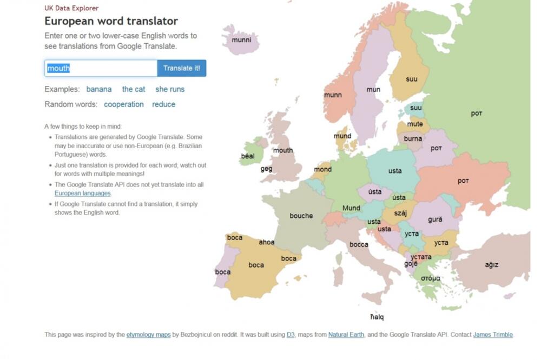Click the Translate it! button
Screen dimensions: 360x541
181,68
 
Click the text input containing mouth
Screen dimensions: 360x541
101,68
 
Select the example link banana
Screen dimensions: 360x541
99,89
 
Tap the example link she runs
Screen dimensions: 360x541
170,89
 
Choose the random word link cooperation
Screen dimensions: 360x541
124,104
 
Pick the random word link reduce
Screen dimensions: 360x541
164,104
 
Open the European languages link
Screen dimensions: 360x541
83,193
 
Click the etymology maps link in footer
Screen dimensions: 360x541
148,335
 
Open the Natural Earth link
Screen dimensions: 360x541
346,335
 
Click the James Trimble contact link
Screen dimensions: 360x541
493,335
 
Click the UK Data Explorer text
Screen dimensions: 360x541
71,8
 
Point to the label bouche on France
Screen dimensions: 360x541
301,216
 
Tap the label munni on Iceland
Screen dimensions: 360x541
241,39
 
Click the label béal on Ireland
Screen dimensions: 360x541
248,156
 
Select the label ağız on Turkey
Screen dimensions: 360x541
491,265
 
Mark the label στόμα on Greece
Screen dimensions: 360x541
431,278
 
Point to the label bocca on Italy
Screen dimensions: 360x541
359,244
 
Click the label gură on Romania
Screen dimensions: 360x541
435,219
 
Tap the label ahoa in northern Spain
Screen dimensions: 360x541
267,242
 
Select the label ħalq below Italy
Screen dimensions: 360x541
377,317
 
